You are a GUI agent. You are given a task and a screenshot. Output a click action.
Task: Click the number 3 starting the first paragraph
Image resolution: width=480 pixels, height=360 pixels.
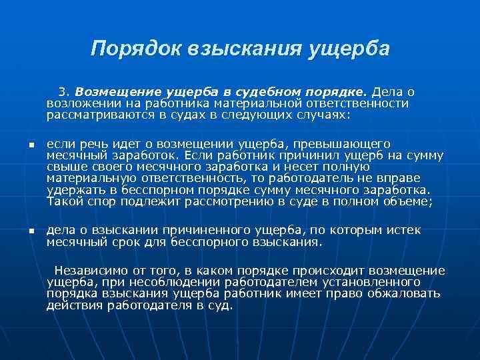pyautogui.click(x=63, y=92)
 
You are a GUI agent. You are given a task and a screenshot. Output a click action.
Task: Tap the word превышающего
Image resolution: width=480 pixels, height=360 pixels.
pyautogui.click(x=347, y=144)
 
